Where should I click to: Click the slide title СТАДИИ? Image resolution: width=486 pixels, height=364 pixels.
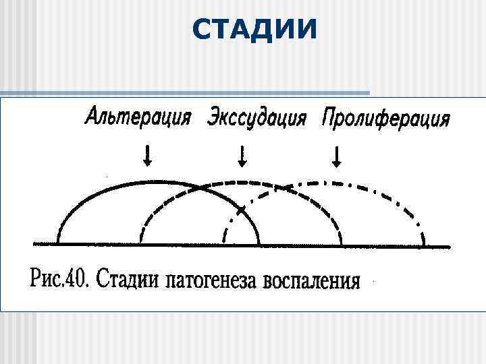pos(253,28)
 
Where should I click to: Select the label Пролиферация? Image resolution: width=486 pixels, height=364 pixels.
pos(385,119)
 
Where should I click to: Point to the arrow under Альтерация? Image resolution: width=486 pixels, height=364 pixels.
pos(147,157)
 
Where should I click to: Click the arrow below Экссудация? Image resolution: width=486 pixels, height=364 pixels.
pos(242,157)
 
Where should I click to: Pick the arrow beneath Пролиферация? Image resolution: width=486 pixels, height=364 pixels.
pos(337,158)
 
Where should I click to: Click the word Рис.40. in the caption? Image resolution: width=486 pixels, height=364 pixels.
pos(61,278)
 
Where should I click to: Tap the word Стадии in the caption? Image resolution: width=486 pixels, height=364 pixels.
pos(126,278)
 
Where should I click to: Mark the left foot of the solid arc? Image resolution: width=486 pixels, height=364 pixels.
pos(59,241)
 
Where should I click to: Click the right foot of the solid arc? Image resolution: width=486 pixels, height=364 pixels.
pos(259,243)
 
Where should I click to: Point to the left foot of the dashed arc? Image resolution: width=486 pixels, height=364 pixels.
pos(140,241)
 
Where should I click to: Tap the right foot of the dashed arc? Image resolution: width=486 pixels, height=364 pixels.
pos(342,243)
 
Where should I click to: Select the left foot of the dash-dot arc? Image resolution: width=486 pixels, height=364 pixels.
pos(225,241)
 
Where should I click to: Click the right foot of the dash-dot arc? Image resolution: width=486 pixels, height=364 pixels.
pos(423,243)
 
